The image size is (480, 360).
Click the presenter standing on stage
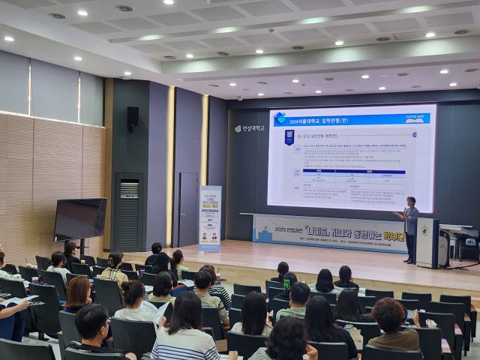point(410,228)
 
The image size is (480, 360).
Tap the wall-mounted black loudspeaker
point(133,117)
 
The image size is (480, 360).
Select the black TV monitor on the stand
point(79,219)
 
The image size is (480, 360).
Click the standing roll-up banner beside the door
point(210,217)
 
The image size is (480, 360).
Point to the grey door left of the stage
point(187,210)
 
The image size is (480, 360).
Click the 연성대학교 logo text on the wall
point(250,128)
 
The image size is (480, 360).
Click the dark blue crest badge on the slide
point(289,137)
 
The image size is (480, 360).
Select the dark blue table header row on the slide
point(349,172)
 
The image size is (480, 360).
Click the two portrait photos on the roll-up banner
point(209,236)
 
